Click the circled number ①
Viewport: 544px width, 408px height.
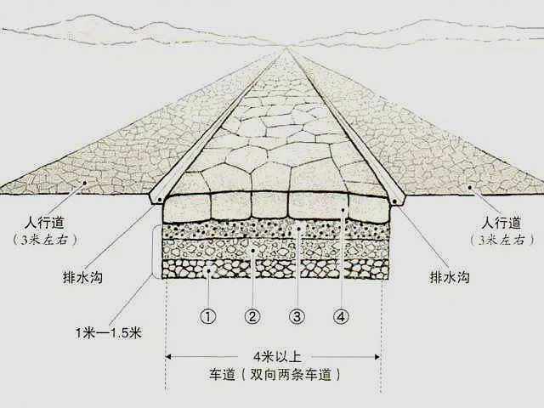pyautogui.click(x=207, y=316)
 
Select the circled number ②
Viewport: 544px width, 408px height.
pyautogui.click(x=252, y=316)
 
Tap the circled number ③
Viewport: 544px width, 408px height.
pyautogui.click(x=297, y=316)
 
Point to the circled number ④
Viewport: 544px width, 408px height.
pyautogui.click(x=341, y=316)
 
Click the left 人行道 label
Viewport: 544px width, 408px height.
pyautogui.click(x=44, y=223)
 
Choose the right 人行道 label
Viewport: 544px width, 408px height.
pyautogui.click(x=501, y=223)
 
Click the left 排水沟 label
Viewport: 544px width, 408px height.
pyautogui.click(x=82, y=277)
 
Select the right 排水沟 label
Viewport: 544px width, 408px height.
pyautogui.click(x=450, y=277)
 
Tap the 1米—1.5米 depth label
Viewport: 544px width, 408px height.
pyautogui.click(x=109, y=333)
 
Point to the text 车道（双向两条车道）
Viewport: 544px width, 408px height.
pyautogui.click(x=275, y=375)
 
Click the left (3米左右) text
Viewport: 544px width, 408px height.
pyautogui.click(x=44, y=240)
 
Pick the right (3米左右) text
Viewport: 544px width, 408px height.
pyautogui.click(x=502, y=240)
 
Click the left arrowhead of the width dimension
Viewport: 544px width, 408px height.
pyautogui.click(x=168, y=356)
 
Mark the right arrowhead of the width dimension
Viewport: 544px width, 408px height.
pyautogui.click(x=377, y=356)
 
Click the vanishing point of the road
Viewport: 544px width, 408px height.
pyautogui.click(x=286, y=48)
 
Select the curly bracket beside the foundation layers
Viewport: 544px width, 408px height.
pyautogui.click(x=154, y=252)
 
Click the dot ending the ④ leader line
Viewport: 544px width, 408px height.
pyautogui.click(x=342, y=210)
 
